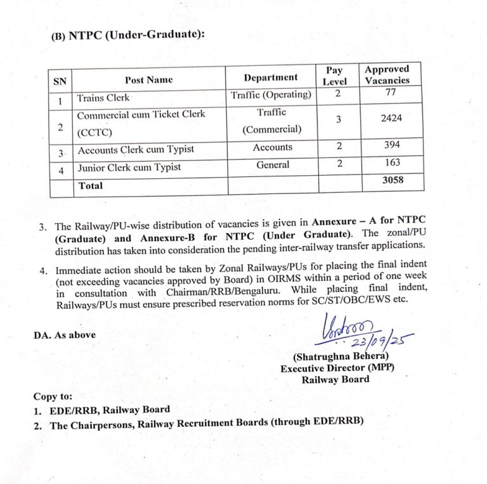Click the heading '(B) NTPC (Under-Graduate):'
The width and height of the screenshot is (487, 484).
pos(127,36)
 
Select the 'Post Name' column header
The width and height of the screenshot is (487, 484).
pos(148,80)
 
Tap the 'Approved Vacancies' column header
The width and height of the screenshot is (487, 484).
pos(387,75)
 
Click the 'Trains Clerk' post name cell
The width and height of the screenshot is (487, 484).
pos(103,98)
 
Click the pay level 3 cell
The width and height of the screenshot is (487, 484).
pos(339,119)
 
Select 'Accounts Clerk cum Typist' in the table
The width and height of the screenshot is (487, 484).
pos(135,150)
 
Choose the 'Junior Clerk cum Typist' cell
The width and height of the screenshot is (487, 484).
pos(129,167)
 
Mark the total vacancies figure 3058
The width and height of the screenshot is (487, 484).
pos(393,181)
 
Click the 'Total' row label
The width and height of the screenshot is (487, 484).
pos(89,186)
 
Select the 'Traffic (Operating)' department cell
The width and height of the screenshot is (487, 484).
pos(271,95)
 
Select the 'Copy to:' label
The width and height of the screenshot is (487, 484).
pos(53,396)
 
